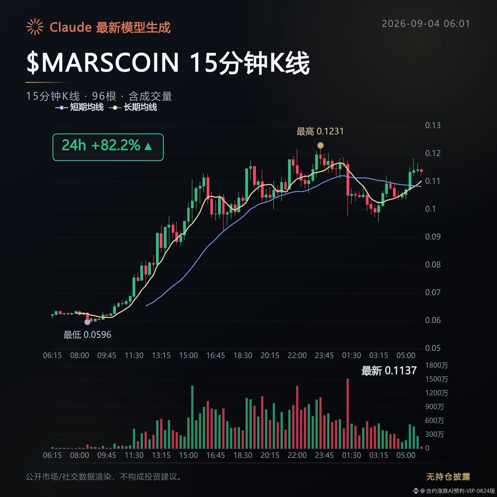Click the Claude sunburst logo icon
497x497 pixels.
click(35, 27)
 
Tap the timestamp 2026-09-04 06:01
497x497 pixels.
click(426, 24)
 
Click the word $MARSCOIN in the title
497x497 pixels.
click(103, 63)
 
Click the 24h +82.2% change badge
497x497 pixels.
click(108, 147)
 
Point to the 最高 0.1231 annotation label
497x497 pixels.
click(320, 131)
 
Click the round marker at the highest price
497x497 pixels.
click(320, 145)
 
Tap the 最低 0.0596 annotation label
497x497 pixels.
click(87, 335)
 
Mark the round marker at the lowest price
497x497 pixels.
click(87, 322)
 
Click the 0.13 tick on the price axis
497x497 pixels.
click(433, 126)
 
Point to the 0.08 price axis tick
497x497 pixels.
click(433, 265)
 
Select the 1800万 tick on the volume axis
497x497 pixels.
click(436, 366)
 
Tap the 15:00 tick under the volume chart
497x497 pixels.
click(188, 456)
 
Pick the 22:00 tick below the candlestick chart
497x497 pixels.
click(297, 355)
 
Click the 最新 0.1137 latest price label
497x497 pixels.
click(389, 371)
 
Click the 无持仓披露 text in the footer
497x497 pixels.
click(448, 477)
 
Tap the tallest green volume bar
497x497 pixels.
click(192, 417)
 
